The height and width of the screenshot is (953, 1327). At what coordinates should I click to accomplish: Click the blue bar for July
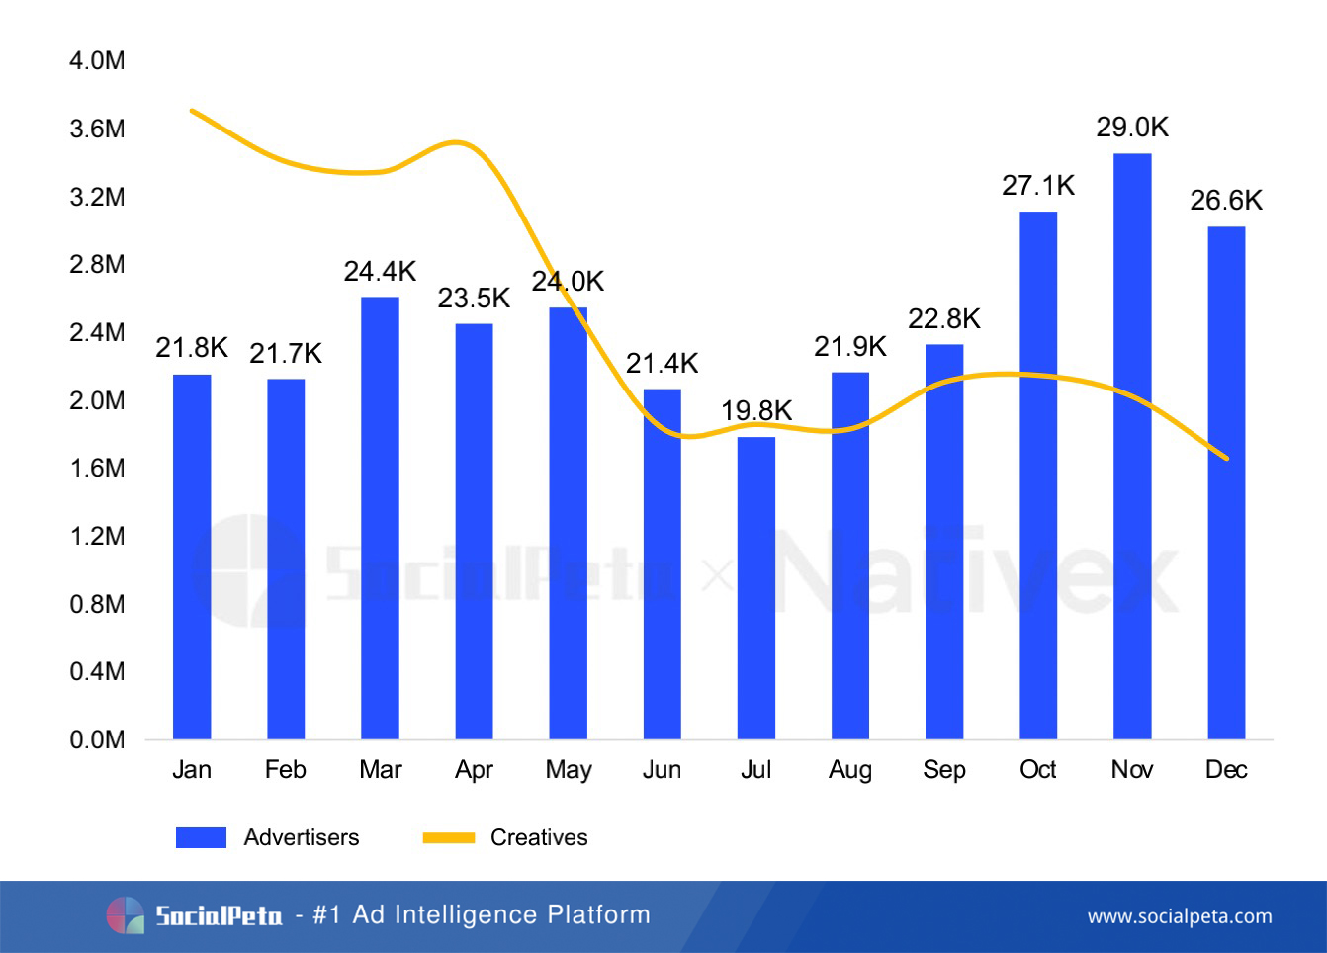click(756, 588)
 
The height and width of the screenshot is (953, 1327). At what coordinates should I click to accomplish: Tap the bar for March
click(380, 518)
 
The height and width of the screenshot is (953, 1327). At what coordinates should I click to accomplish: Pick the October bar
click(1038, 476)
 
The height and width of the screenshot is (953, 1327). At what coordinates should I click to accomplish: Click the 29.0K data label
click(1132, 128)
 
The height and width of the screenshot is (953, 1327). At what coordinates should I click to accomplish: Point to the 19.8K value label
click(756, 410)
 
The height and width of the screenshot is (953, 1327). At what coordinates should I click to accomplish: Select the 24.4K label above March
click(380, 271)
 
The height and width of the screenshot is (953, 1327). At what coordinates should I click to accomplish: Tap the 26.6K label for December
click(1226, 201)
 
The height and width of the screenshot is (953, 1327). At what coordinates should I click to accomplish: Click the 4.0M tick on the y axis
click(97, 61)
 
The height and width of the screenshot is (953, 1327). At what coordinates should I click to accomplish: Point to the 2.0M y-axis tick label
click(97, 400)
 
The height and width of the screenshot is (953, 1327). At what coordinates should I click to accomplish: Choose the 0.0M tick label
click(97, 740)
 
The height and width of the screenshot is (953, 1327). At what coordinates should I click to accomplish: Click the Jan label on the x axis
click(192, 770)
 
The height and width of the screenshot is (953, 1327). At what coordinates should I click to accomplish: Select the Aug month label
click(850, 770)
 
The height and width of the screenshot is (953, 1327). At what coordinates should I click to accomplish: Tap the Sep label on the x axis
click(944, 770)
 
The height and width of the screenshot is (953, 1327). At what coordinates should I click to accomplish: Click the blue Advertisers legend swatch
click(201, 837)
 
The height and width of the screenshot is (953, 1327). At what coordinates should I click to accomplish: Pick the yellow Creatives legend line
click(449, 837)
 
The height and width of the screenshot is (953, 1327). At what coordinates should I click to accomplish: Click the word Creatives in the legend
click(539, 837)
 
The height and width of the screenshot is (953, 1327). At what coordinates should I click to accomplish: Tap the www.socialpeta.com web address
click(1180, 916)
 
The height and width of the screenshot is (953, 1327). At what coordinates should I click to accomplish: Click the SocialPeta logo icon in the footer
click(126, 915)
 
